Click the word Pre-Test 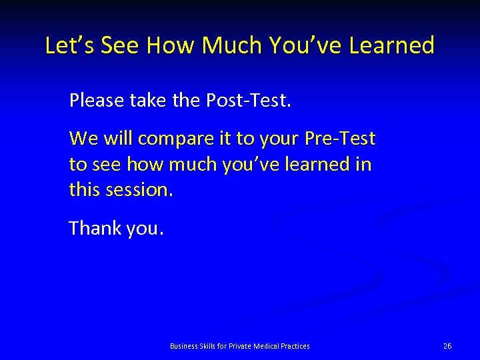[x=340, y=139]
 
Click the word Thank [x=94, y=228]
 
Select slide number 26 [x=447, y=346]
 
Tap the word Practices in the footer [x=295, y=346]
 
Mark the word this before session [x=84, y=190]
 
